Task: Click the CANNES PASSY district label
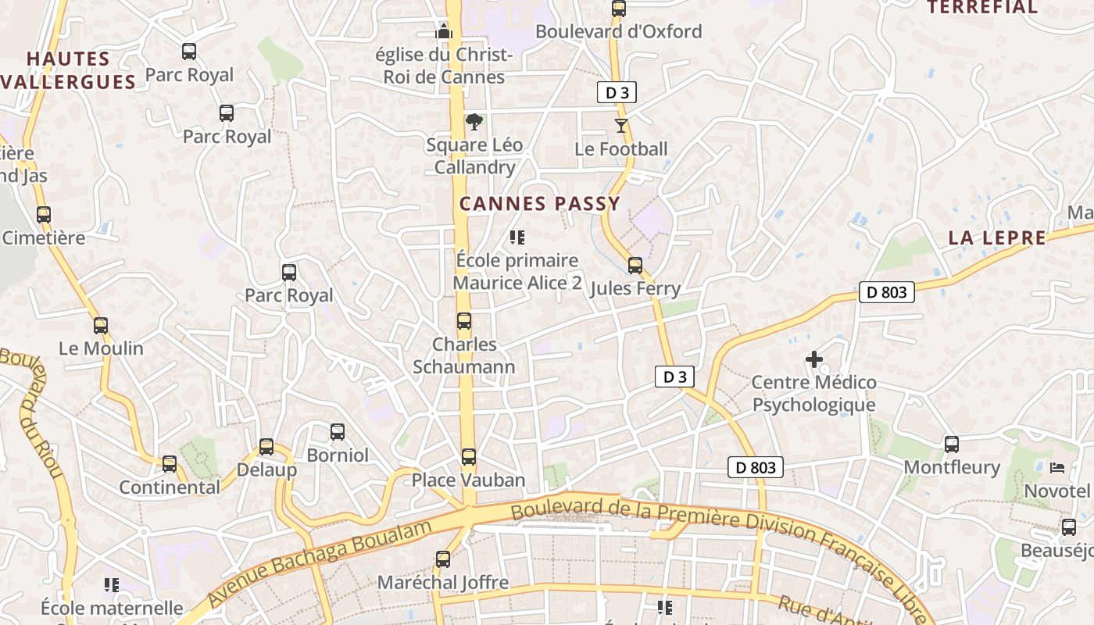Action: (539, 204)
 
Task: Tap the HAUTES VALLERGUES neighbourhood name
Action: (69, 70)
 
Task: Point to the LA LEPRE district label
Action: (997, 238)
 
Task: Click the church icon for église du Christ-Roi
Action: (444, 32)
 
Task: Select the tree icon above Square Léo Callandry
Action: (474, 122)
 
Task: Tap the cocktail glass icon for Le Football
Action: (621, 126)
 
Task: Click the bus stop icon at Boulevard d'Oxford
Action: (619, 9)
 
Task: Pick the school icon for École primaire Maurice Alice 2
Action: (517, 237)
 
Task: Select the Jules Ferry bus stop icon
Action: (635, 266)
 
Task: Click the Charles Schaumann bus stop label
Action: (464, 355)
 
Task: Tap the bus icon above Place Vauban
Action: (469, 457)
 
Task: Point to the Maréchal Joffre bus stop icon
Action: (443, 559)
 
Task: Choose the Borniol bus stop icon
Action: (338, 432)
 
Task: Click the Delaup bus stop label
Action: (266, 470)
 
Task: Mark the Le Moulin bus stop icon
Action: (101, 326)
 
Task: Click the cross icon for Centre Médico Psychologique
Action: (814, 359)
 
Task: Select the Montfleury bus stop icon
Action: (952, 445)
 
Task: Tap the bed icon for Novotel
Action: (1057, 468)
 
